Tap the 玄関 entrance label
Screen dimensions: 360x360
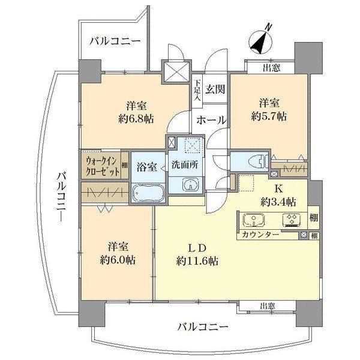point(215,89)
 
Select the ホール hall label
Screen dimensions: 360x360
point(211,120)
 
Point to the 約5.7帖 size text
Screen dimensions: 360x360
point(269,115)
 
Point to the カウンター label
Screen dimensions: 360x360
point(261,235)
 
